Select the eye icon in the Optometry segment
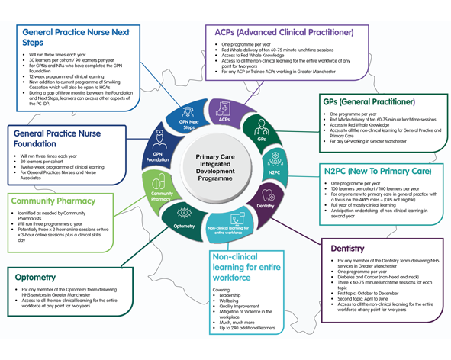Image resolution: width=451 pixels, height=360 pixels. coord(182,214)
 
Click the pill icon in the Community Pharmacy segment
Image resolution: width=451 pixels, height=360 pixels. coord(158,183)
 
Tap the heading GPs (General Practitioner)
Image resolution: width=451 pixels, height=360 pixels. coord(369,101)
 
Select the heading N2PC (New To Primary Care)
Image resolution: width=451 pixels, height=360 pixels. coord(377,172)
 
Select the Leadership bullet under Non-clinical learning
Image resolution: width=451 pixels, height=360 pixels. coord(236,294)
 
